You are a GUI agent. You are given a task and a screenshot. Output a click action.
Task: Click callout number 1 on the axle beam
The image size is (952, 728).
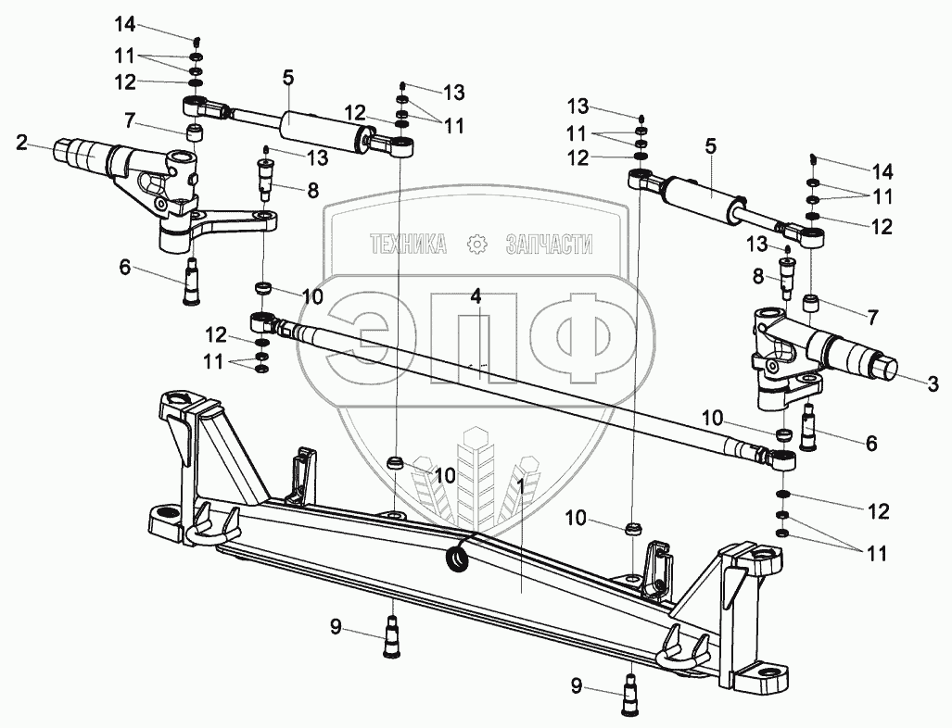coord(521,484)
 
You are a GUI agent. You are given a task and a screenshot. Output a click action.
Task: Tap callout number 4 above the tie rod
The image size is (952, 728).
coord(476,297)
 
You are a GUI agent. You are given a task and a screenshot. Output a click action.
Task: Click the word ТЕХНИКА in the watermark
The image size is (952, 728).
coord(408,245)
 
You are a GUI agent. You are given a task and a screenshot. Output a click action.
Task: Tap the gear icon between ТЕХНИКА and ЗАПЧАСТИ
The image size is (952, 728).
coord(477,245)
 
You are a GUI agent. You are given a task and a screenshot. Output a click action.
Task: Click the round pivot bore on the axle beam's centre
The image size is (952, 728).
coord(458,559)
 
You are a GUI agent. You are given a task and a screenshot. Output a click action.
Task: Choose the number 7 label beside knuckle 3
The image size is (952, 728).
coord(872,317)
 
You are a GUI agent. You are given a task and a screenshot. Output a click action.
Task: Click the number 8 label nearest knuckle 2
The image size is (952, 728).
coord(312,192)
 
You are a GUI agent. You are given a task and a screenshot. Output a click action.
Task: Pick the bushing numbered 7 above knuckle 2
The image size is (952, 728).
coord(195,132)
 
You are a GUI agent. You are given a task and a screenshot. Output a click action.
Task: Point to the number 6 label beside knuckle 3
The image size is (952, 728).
coord(870,444)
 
